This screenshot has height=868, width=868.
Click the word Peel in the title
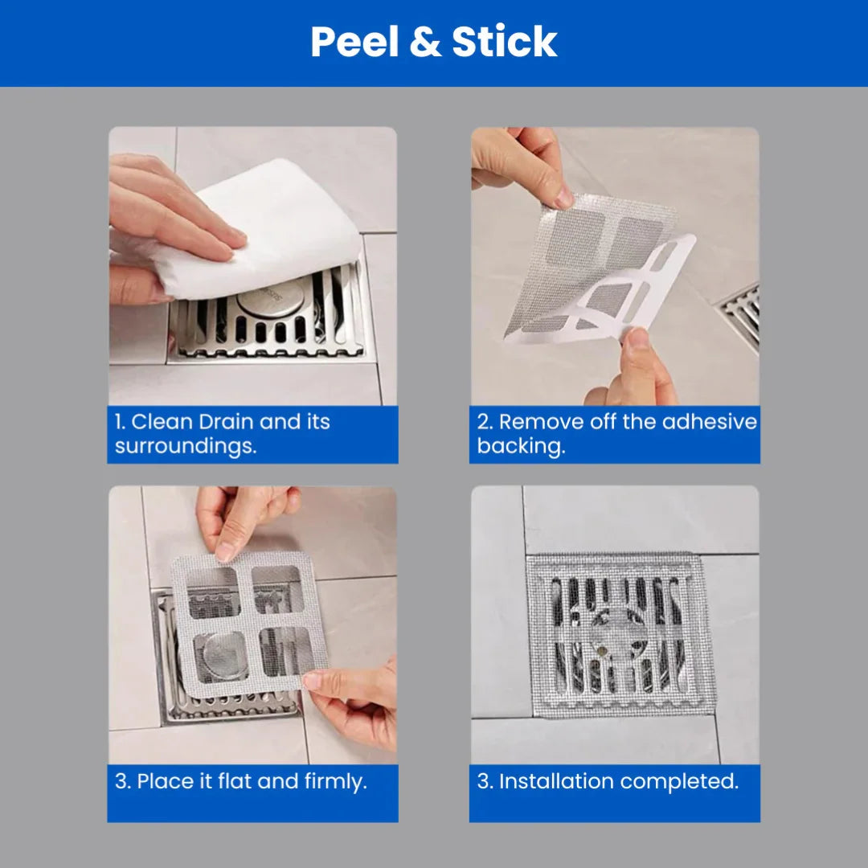[354, 43]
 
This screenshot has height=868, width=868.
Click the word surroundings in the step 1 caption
[186, 447]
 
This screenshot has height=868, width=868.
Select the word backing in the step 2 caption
[520, 447]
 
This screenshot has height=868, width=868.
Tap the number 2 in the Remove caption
[483, 422]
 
